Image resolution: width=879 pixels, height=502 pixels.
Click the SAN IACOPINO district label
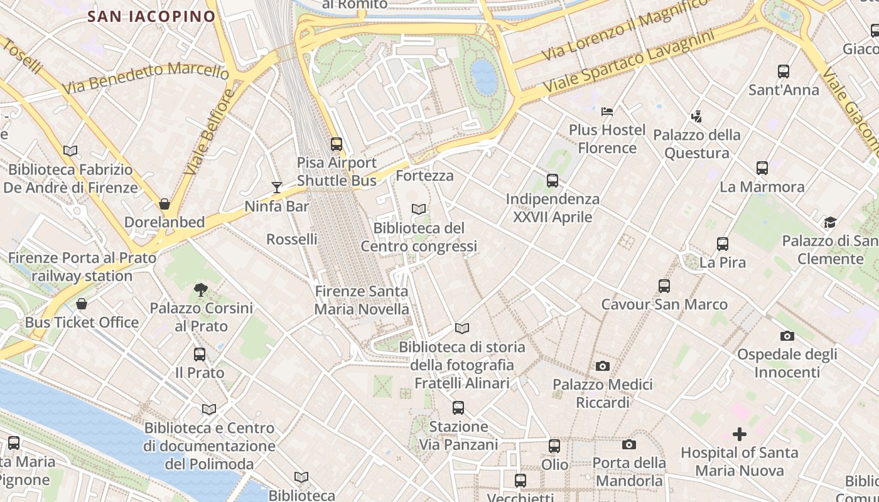click(151, 16)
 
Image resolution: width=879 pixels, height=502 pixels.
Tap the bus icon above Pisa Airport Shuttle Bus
click(337, 144)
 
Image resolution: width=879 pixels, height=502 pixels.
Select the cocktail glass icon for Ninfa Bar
click(276, 187)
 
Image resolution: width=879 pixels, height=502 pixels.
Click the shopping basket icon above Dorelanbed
click(164, 204)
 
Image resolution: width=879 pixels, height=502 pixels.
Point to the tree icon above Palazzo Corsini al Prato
click(201, 290)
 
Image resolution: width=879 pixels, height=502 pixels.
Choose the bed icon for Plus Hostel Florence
click(607, 112)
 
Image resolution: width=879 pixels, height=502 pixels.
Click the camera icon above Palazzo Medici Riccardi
click(603, 366)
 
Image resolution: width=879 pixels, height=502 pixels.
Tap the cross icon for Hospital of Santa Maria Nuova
click(740, 434)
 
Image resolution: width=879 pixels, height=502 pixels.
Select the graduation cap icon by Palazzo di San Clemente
click(830, 223)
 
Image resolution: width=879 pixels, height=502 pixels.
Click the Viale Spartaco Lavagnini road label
click(630, 62)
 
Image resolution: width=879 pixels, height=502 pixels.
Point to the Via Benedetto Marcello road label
click(146, 78)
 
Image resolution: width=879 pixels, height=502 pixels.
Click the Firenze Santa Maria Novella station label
click(361, 300)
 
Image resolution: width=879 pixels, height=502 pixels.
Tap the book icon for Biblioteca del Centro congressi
click(419, 209)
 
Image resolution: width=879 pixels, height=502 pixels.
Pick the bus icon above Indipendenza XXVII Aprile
click(553, 181)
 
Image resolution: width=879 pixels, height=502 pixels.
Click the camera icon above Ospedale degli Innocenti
click(787, 336)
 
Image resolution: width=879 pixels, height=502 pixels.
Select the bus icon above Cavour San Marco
click(664, 286)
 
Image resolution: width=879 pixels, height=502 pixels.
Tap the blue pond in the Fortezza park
click(484, 77)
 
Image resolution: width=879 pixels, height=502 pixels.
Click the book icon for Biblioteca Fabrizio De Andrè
click(70, 151)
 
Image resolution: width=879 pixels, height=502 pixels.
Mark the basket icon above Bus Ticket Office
click(82, 304)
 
